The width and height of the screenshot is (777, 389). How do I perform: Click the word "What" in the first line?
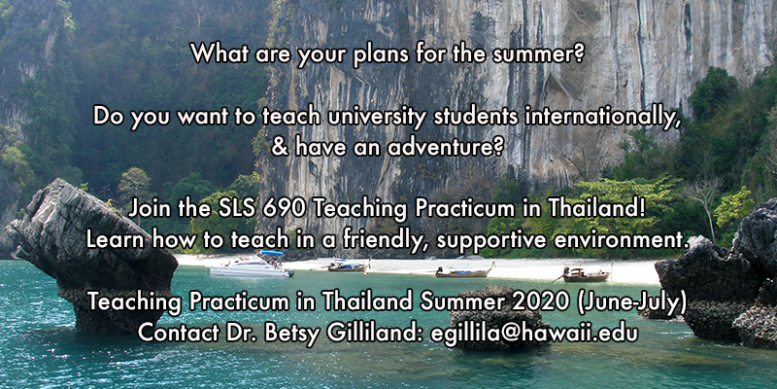tap(216, 53)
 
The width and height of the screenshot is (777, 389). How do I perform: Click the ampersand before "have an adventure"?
tap(280, 148)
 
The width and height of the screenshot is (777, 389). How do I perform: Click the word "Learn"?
tap(117, 240)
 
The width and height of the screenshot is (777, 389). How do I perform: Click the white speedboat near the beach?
tap(252, 265)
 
